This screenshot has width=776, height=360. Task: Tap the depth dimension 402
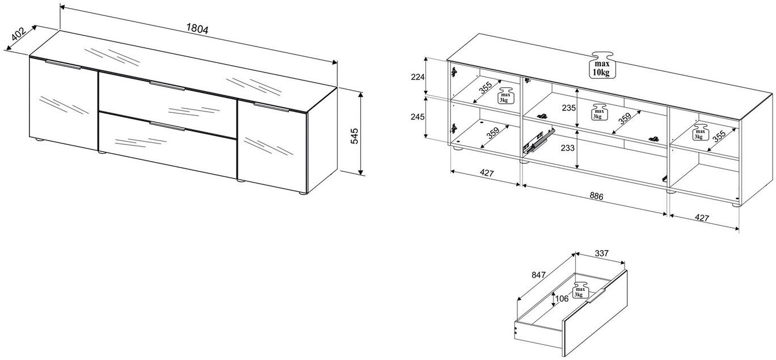pos(19,34)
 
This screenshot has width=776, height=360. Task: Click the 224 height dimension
pos(417,77)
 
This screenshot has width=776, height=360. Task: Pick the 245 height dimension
pos(417,117)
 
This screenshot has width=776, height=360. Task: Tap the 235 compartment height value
pos(568,108)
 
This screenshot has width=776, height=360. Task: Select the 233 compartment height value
pos(567,148)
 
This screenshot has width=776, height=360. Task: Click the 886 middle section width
pos(596,196)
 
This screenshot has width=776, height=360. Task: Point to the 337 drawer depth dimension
pos(602,253)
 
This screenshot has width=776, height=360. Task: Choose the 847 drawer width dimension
pos(539,275)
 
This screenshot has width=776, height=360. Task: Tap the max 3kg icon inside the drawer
pos(580,290)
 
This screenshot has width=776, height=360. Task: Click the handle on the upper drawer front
pos(167,86)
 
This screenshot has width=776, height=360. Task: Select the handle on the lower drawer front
pos(167,126)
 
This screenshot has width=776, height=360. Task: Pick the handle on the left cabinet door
pos(63,65)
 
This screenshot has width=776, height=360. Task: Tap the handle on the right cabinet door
pos(271,107)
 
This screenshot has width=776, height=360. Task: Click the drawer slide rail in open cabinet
pos(538,140)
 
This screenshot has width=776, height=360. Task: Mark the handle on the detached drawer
pos(596,296)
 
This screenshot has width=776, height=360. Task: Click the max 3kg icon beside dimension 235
pos(599,112)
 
